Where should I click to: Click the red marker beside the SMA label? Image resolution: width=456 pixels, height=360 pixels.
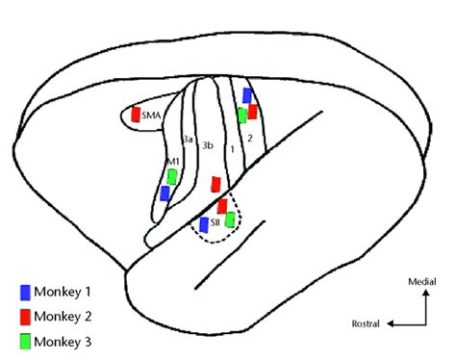(137, 114)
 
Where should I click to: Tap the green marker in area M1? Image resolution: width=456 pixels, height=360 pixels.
(172, 177)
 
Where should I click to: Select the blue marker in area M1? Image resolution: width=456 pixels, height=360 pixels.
(165, 193)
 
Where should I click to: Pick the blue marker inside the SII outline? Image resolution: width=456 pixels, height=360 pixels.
(204, 224)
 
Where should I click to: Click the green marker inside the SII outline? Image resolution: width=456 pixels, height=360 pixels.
(229, 219)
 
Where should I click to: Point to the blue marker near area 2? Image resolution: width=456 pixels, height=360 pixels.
(247, 95)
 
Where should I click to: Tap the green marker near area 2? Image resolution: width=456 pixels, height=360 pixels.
(241, 116)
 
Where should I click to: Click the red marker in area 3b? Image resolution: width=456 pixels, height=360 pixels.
(216, 183)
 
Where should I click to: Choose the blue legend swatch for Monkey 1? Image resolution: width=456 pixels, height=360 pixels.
(24, 291)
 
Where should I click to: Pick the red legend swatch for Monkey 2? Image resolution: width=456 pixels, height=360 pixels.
(24, 315)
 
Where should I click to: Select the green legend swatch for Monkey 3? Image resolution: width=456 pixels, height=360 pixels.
(24, 339)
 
